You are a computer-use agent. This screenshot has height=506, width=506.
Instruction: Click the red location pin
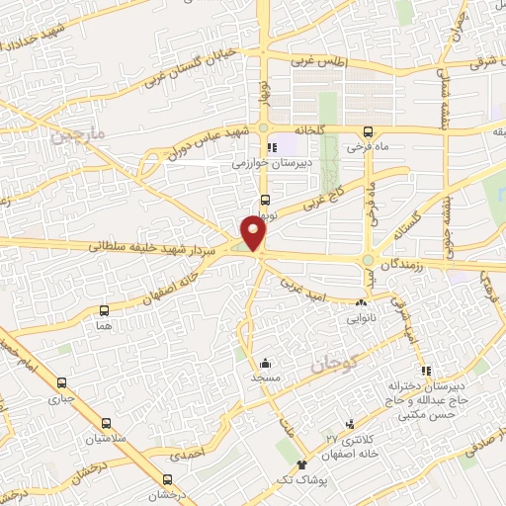tap(255, 232)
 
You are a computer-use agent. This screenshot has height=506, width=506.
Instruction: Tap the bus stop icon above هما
tap(104, 308)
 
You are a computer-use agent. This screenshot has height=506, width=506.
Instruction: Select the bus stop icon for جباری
tap(63, 383)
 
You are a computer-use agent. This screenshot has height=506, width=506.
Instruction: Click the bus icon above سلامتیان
tap(98, 421)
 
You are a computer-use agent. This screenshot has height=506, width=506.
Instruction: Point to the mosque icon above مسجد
tap(265, 363)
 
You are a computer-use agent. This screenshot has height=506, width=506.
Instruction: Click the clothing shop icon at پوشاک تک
tap(301, 464)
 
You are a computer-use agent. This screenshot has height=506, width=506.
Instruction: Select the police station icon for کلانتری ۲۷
tap(347, 423)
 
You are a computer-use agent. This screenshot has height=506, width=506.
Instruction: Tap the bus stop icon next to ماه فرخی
tap(369, 132)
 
